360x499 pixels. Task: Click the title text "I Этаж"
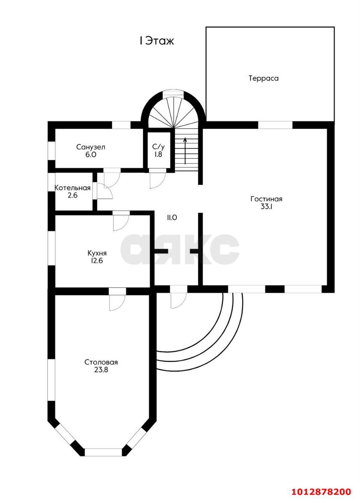[x=157, y=41]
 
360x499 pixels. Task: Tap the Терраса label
[x=264, y=78]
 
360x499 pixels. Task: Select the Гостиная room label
[x=266, y=199]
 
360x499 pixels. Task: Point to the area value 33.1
[x=267, y=207]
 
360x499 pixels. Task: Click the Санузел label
[x=91, y=147]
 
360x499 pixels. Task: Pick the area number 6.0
[x=91, y=155]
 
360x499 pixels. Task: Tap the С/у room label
[x=159, y=147]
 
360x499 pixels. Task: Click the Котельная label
[x=72, y=188]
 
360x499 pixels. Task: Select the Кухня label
[x=97, y=253]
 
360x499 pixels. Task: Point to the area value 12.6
[x=97, y=261]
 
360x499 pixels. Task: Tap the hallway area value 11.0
[x=172, y=218]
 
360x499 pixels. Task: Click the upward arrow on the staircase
[x=185, y=151]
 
